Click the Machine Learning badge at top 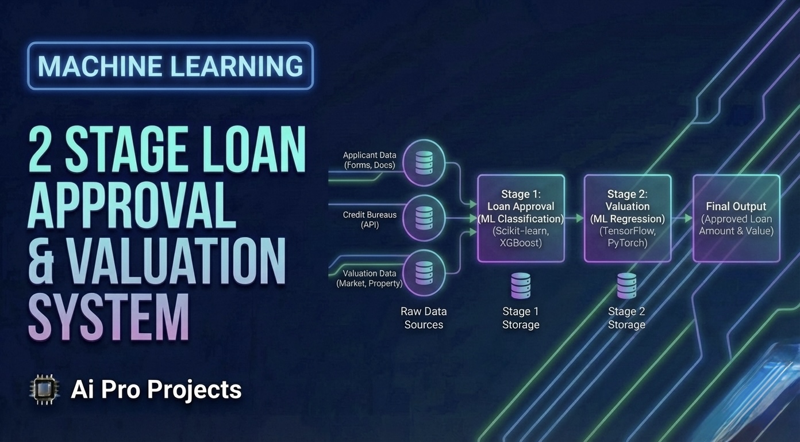coord(170,66)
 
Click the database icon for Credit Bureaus coord(424,218)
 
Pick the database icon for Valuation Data coord(424,273)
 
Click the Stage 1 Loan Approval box coord(521,218)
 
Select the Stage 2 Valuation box coord(627,218)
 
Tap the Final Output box coord(736,218)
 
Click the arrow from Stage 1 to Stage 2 coord(574,219)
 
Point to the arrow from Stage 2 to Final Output coord(682,219)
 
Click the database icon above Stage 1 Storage coord(521,286)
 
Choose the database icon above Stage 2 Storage coord(626,286)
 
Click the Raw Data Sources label coord(424,318)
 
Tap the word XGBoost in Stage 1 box coord(521,243)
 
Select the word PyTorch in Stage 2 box coord(627,243)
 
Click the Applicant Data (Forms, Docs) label coord(370,160)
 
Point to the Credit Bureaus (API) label coord(370,219)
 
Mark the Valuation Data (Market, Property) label coord(370,278)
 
